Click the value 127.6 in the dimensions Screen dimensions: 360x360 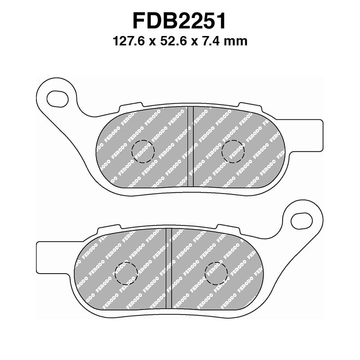coord(128,41)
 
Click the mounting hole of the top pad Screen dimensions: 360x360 coord(57,96)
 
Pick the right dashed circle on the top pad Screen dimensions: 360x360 coord(234,150)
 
